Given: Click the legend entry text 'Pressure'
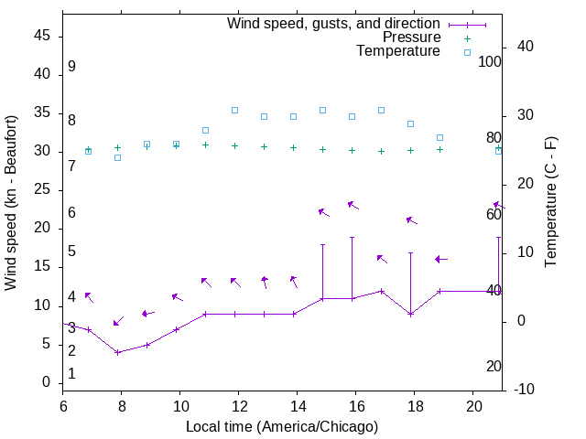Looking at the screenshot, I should pyautogui.click(x=412, y=37).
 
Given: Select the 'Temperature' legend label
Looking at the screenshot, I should pyautogui.click(x=398, y=52).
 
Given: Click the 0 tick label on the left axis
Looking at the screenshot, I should pyautogui.click(x=47, y=383).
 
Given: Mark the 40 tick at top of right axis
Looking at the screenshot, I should pyautogui.click(x=526, y=47).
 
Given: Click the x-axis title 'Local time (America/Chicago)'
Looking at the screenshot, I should pyautogui.click(x=281, y=426).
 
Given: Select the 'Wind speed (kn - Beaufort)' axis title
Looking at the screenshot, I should pyautogui.click(x=11, y=203).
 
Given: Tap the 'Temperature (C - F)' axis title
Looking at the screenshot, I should pyautogui.click(x=550, y=203).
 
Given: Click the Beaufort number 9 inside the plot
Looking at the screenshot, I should pyautogui.click(x=71, y=67).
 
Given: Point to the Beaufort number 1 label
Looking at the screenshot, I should pyautogui.click(x=71, y=374).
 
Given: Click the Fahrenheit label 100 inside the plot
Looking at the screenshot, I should pyautogui.click(x=490, y=62).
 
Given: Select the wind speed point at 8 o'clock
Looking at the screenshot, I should pyautogui.click(x=117, y=352).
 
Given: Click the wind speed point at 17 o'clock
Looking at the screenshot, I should pyautogui.click(x=381, y=291).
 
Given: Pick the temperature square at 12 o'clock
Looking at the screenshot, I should pyautogui.click(x=234, y=110).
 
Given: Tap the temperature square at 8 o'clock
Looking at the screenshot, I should pyautogui.click(x=117, y=157).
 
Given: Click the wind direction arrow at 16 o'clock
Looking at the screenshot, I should pyautogui.click(x=352, y=205).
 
